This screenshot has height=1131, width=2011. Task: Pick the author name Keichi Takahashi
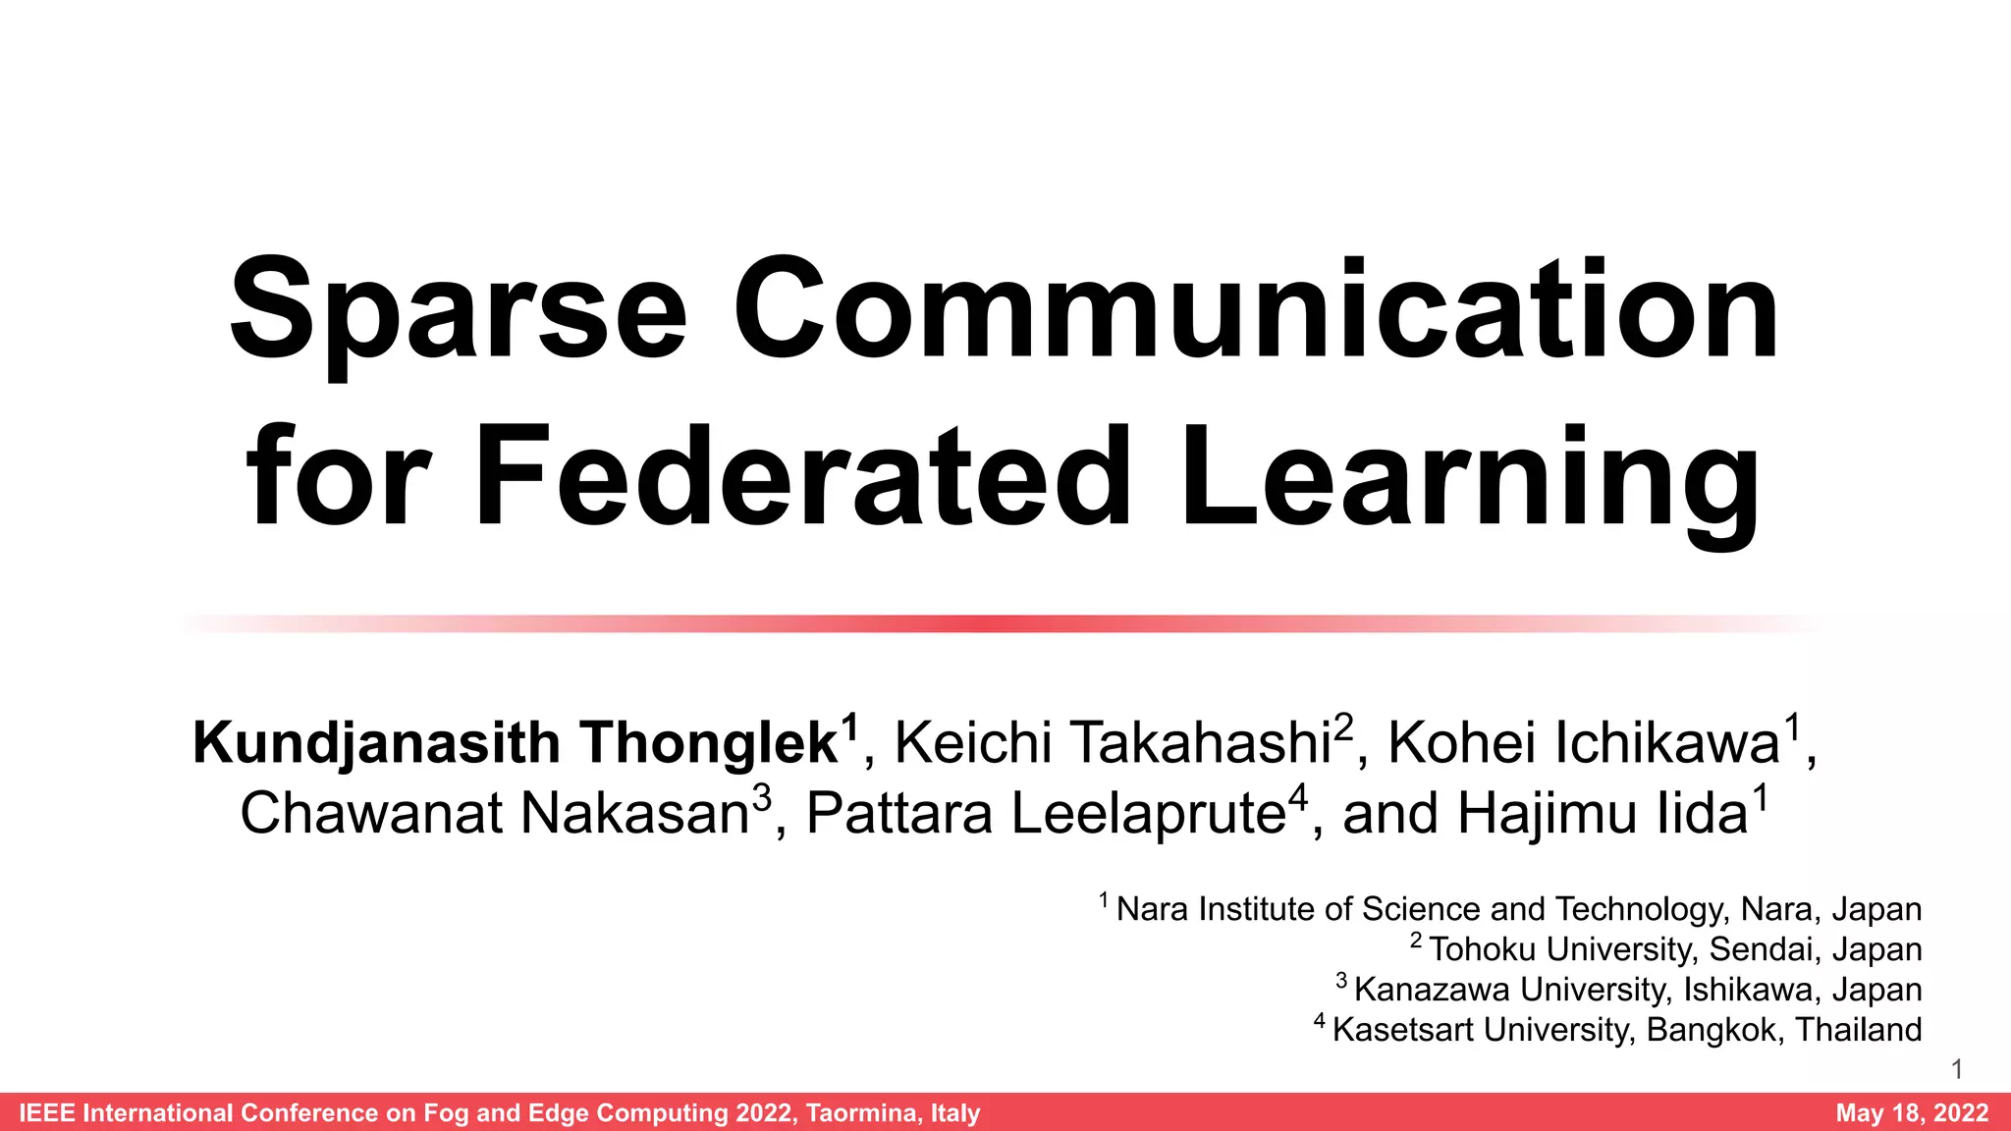coord(1112,743)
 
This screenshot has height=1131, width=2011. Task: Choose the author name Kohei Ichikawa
coord(1583,743)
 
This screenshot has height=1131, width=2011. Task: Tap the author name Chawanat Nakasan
coord(495,814)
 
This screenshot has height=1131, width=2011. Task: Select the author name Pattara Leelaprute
coord(1045,814)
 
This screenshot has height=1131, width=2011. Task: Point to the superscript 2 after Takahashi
coord(1343,727)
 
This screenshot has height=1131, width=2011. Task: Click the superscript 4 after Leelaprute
coord(1298,797)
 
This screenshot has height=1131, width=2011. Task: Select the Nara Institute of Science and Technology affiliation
coord(1518,909)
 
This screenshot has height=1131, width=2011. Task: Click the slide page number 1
coord(1957,1069)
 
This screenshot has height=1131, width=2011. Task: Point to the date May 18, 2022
coord(1912,1112)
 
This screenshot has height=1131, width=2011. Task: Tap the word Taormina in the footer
coord(863,1112)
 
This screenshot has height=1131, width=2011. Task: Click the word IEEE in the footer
coord(47,1112)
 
